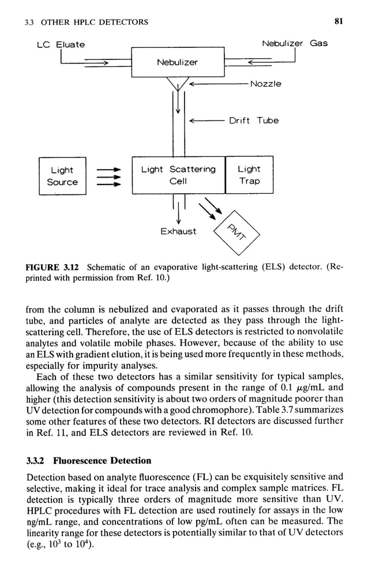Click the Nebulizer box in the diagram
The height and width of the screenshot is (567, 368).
click(178, 62)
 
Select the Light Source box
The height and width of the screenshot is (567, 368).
click(62, 176)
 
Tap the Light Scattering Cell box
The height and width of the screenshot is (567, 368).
click(178, 175)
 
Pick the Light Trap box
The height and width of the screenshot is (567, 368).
click(249, 175)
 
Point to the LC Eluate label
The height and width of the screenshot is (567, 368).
click(61, 44)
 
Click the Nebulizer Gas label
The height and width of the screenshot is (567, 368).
click(294, 43)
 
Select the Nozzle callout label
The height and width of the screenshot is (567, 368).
click(266, 84)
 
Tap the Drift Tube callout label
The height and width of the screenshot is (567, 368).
click(254, 121)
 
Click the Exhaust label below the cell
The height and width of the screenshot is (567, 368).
click(178, 231)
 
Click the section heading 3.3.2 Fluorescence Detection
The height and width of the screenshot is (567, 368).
click(88, 460)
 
